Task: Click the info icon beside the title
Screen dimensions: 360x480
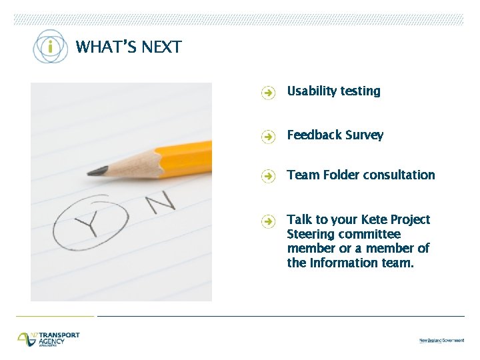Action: click(x=51, y=47)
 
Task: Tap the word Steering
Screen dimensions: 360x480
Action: click(x=311, y=235)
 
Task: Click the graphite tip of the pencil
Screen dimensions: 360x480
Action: click(x=96, y=171)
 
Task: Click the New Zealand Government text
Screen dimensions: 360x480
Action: click(x=441, y=341)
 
